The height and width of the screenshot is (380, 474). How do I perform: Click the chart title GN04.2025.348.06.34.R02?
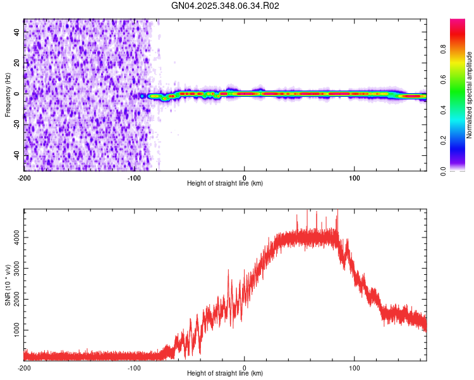tap(226, 6)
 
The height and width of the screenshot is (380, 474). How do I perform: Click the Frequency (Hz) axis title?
tap(8, 95)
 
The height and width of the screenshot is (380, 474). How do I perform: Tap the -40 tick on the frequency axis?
tap(16, 155)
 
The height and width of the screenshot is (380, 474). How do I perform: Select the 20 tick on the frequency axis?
tap(17, 61)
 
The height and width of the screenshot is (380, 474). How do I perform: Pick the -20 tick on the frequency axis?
tap(16, 123)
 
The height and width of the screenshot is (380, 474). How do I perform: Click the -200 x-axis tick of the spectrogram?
tap(24, 177)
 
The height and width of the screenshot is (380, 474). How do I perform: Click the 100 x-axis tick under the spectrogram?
tap(355, 177)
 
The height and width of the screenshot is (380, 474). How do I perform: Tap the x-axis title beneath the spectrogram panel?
tap(225, 184)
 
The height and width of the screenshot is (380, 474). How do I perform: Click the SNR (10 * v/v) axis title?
tap(8, 285)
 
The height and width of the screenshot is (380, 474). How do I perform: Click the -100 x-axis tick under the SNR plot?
tap(134, 367)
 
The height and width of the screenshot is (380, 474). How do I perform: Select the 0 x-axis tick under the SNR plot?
tap(245, 367)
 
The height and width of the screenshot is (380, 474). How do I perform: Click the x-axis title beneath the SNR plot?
tap(225, 374)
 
